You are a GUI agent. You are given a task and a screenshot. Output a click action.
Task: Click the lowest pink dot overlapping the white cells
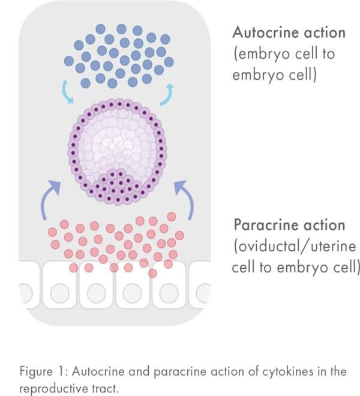point(152,274)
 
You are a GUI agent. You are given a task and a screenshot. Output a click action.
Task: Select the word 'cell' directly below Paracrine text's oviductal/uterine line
point(243,266)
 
